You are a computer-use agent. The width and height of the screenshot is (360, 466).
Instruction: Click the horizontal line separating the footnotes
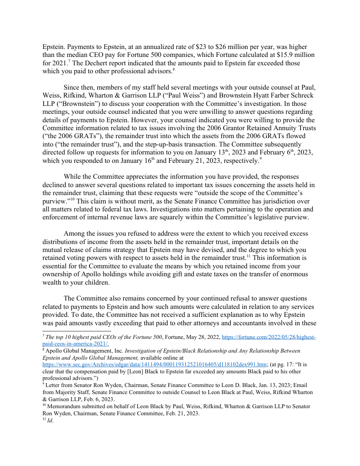pos(77,330)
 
